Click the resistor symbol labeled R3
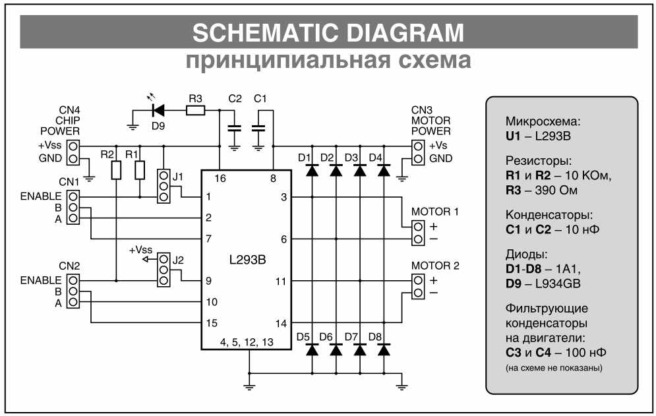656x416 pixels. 195,111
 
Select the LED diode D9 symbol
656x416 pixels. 158,111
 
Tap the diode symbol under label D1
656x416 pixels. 312,170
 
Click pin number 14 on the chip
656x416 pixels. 282,323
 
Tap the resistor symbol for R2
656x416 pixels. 116,171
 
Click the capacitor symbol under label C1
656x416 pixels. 260,129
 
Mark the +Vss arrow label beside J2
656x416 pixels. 140,251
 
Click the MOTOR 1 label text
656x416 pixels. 434,212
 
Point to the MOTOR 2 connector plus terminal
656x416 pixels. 418,280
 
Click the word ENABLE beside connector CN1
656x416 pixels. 41,196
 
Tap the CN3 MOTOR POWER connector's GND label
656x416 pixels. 441,159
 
